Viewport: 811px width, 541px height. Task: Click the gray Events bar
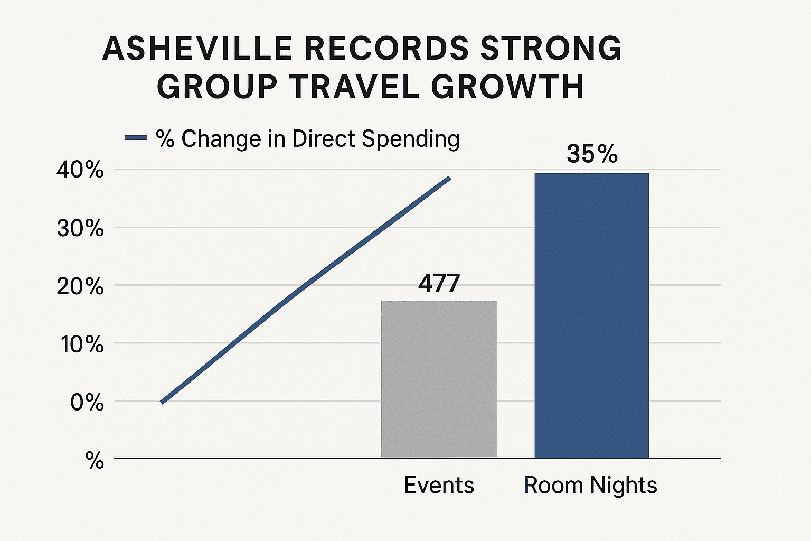[439, 379]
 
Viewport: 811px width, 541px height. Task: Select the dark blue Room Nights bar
[591, 315]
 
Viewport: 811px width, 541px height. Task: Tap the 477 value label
[439, 284]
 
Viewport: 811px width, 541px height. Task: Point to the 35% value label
[592, 154]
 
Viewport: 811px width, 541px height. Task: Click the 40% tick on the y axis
[80, 170]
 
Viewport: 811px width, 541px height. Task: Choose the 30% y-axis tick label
[80, 228]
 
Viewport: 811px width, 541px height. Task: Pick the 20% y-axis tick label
[80, 286]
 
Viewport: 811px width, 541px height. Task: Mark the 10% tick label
[82, 344]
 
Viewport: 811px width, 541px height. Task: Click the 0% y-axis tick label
[87, 403]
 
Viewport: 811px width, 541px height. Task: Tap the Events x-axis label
[439, 485]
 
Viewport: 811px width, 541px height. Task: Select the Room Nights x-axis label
[590, 485]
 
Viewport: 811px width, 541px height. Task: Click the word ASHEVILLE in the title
[197, 49]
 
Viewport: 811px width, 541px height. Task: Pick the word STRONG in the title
[551, 49]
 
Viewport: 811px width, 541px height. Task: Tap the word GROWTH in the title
[507, 87]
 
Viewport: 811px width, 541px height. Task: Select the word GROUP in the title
[217, 87]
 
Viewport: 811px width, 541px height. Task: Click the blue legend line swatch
[135, 138]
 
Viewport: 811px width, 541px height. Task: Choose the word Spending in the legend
[410, 139]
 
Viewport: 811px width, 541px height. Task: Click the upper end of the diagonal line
[449, 178]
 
